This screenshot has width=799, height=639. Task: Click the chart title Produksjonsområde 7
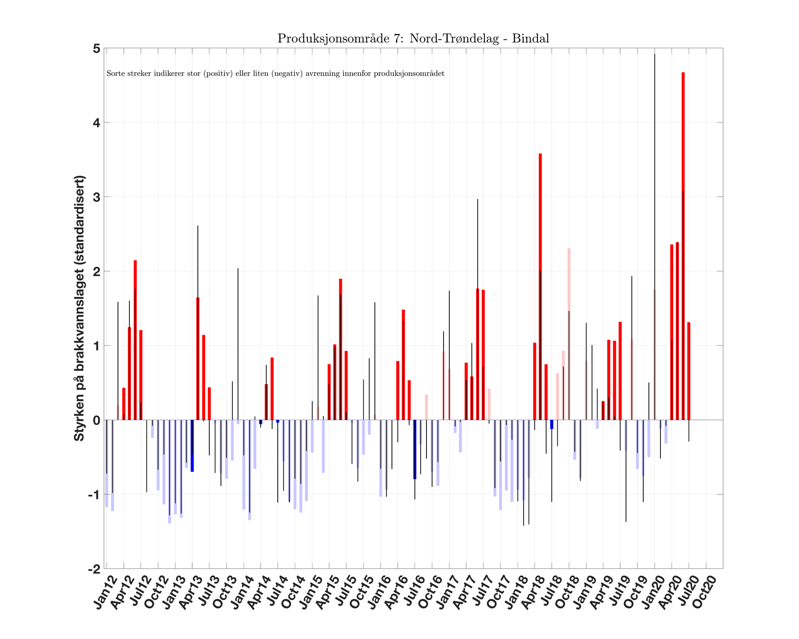[x=413, y=38]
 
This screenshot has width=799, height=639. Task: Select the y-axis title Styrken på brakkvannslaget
[x=79, y=308]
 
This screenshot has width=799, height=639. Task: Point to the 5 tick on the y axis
[x=97, y=49]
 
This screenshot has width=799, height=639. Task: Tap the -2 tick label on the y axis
[x=94, y=569]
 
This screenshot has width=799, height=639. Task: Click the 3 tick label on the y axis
[x=97, y=197]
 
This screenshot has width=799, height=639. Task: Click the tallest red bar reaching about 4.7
[x=683, y=245]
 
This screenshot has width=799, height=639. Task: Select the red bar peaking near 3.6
[x=540, y=287]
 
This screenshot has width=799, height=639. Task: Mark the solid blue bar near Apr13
[x=192, y=446]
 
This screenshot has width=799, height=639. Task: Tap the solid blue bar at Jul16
[x=415, y=449]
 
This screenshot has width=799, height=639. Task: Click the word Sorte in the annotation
[x=113, y=74]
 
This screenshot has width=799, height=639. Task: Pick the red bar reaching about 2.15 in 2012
[x=135, y=340]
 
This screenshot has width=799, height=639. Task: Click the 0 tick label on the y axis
[x=97, y=420]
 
